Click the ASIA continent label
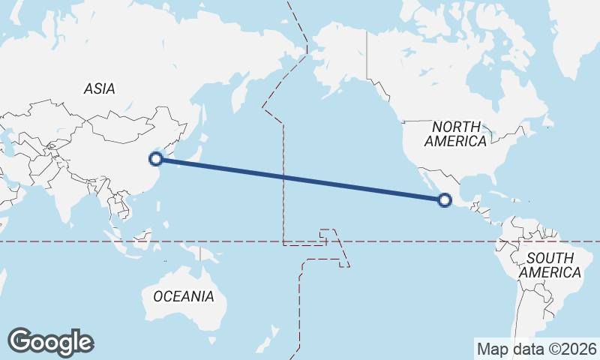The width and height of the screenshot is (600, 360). [100, 88]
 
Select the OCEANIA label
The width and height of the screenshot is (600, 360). [183, 296]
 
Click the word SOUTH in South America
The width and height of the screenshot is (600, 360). [550, 258]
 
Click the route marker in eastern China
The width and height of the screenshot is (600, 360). [156, 158]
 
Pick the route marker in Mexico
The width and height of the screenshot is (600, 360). [445, 199]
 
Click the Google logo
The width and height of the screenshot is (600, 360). [50, 342]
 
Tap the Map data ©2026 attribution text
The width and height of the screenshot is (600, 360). [537, 349]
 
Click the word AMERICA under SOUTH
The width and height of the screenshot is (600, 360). [550, 273]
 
